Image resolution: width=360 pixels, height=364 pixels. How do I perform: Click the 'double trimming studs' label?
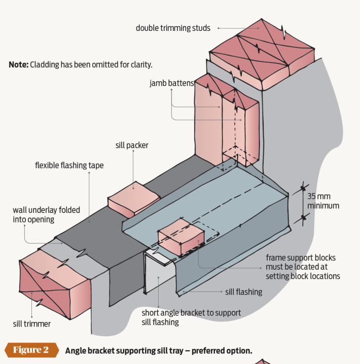coord(172,28)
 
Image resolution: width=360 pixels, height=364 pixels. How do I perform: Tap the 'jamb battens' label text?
coord(171,83)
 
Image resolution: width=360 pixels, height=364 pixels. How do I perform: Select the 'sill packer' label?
coord(132,145)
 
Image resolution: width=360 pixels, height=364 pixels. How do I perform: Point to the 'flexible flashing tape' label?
coord(69,165)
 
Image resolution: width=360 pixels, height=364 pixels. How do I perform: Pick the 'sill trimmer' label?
coord(31,323)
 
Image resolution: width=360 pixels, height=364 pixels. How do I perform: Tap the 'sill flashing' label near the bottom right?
coord(243,292)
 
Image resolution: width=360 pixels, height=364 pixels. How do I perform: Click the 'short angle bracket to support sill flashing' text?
coord(191,317)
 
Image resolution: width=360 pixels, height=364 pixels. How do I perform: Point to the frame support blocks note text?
coord(302,267)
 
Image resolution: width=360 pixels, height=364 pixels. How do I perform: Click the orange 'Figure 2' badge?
coord(31,350)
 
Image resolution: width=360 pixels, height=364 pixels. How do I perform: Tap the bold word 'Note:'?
coord(18,65)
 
